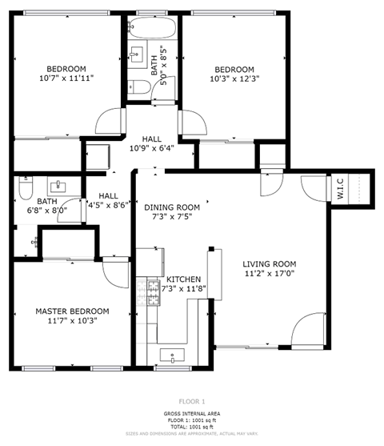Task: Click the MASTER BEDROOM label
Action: point(72,311)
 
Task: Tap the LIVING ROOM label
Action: point(270,264)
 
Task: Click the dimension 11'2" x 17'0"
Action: point(270,274)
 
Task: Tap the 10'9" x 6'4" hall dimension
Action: point(152,147)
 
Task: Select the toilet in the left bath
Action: point(24,192)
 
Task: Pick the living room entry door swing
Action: point(308,330)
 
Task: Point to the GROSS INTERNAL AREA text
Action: point(192,413)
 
